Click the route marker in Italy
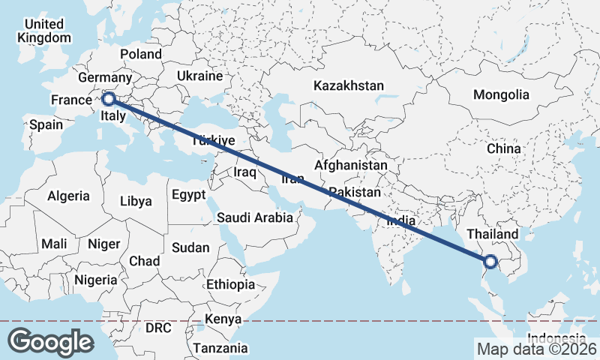[x=109, y=98]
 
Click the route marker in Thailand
[x=490, y=262]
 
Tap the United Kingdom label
[x=44, y=31]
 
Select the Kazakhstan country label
[x=349, y=85]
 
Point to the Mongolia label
[x=501, y=95]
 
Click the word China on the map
[x=503, y=148]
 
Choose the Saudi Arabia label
[x=254, y=218]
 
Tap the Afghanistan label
[x=351, y=165]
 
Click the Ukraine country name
[x=200, y=76]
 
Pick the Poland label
[x=141, y=54]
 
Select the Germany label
[x=105, y=78]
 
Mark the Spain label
[x=46, y=124]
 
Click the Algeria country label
[x=69, y=196]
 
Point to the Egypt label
[x=188, y=195]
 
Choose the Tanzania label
[x=220, y=348]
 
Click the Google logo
[x=50, y=342]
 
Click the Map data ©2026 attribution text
[x=537, y=349]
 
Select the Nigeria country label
[x=96, y=280]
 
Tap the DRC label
[x=158, y=328]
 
